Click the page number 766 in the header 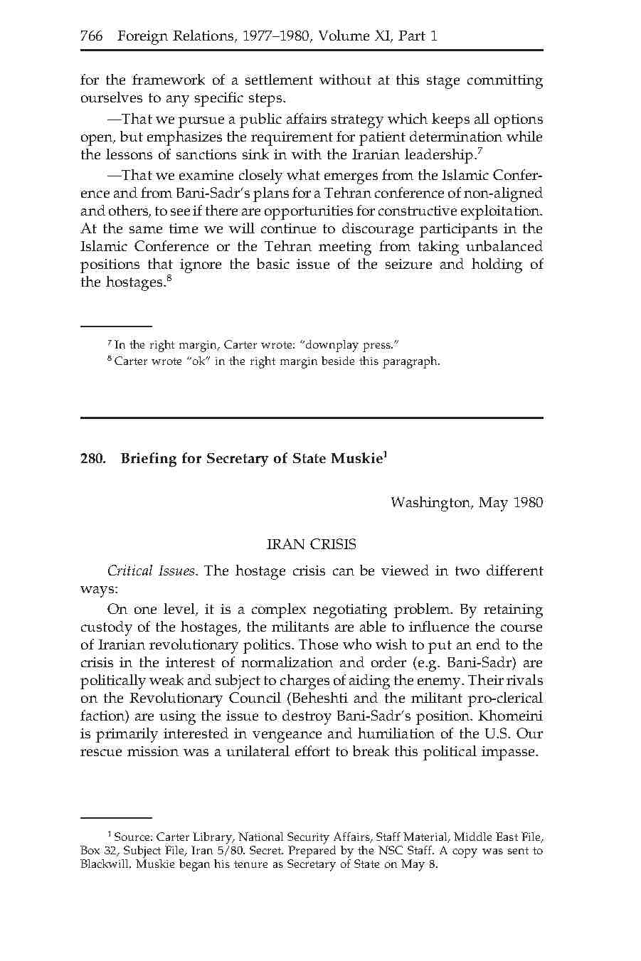click(92, 36)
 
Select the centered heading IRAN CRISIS click(311, 544)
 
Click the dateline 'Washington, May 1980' click(466, 503)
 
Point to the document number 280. click(92, 459)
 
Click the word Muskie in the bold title click(357, 459)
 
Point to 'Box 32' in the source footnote click(96, 851)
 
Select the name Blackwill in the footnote click(105, 865)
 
